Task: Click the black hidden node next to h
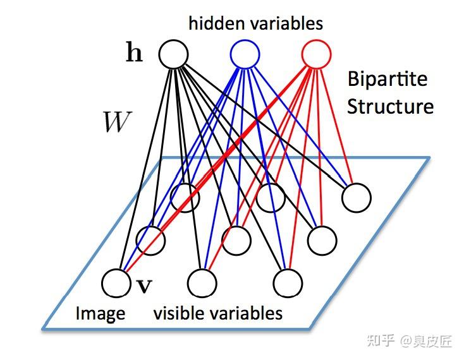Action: [x=173, y=54]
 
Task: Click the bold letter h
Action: [x=134, y=54]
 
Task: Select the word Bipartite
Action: [x=387, y=80]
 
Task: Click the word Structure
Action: [x=390, y=105]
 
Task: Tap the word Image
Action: [x=100, y=313]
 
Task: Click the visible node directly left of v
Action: [x=116, y=282]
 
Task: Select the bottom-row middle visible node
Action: [x=202, y=282]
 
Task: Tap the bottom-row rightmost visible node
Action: [x=288, y=282]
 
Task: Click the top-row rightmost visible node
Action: [x=356, y=197]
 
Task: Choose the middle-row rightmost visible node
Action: [x=322, y=239]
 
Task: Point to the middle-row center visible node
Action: [x=236, y=239]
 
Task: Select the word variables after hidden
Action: [x=284, y=23]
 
